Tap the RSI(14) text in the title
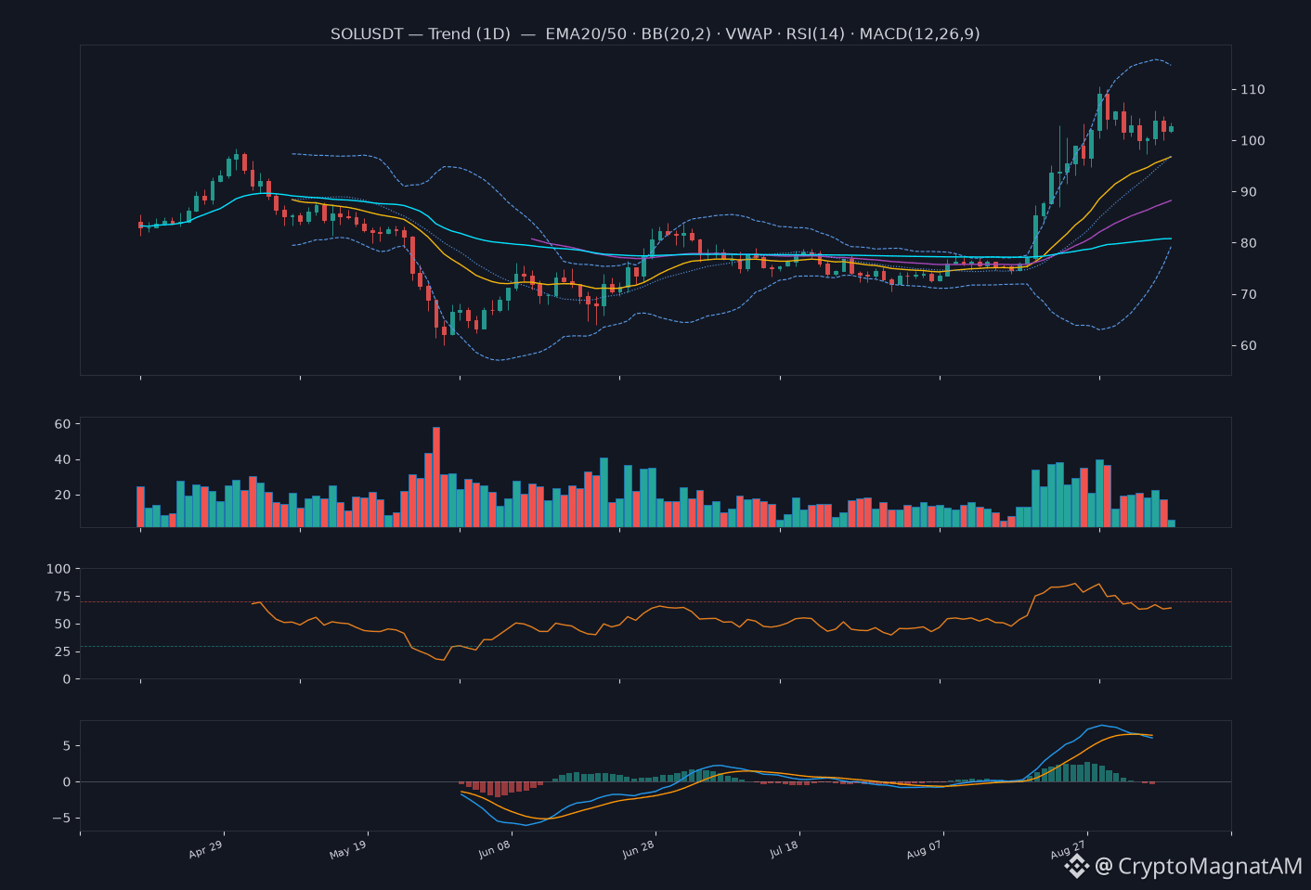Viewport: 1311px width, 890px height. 815,34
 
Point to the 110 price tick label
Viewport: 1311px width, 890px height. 1253,89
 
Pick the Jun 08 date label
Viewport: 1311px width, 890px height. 495,849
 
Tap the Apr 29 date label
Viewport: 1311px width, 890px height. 205,849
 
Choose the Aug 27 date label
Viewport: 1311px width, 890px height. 1068,849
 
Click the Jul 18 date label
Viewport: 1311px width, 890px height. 784,849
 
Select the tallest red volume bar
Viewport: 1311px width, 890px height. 436,477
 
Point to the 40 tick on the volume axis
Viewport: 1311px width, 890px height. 62,460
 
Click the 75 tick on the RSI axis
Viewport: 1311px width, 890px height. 62,596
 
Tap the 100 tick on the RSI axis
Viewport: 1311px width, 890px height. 58,569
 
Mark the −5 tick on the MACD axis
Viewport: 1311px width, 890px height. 61,818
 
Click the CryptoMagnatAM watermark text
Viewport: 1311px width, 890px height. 1211,866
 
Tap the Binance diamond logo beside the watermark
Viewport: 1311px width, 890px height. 1076,866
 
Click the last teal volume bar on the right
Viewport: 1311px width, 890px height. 1171,523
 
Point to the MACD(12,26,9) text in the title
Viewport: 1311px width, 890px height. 919,34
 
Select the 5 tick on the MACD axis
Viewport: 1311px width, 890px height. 67,746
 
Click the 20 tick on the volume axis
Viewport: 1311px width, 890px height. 62,495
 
